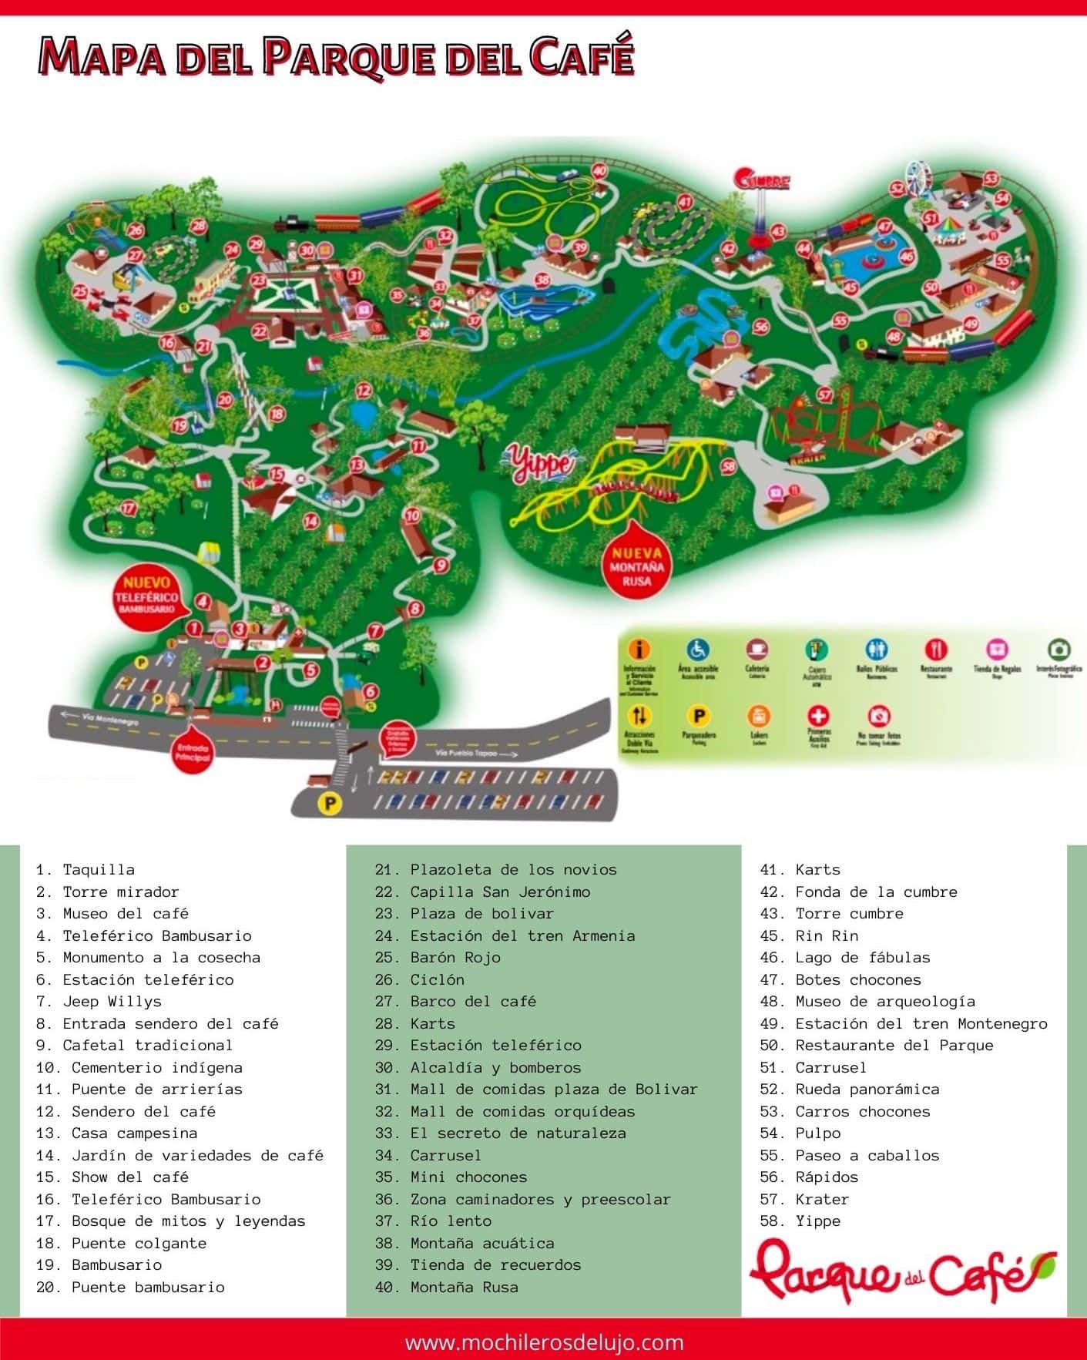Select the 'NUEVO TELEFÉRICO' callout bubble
[146, 593]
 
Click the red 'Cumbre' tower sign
[763, 181]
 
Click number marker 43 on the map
[777, 230]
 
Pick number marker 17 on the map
[129, 508]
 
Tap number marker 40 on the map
[599, 170]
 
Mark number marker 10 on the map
[412, 515]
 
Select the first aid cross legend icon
[818, 716]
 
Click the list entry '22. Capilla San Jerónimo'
[483, 892]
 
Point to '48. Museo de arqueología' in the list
[867, 1001]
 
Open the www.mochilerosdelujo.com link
[544, 1342]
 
